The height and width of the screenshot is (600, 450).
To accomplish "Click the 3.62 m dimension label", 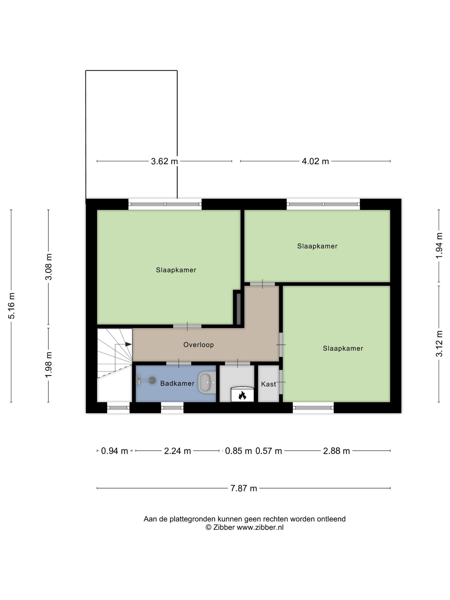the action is pos(164,161).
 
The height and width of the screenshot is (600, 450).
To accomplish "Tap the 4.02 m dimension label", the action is pos(315,161).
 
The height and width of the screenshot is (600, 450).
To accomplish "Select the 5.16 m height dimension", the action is pos(12,306).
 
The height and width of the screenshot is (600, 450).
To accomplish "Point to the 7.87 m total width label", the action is pos(243,488).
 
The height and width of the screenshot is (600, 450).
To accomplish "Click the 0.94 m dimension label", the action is pos(115,451).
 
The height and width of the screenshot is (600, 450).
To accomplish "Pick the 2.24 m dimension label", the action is pos(178,451).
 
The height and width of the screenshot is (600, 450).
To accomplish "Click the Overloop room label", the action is pos(199,345).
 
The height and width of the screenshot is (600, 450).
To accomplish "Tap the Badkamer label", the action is pos(177,383).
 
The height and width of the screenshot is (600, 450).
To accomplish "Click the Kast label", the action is pos(269,384).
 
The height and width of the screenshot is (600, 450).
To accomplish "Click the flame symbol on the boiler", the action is pos(242,396).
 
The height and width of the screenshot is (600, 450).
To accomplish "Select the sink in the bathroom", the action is pos(207,382).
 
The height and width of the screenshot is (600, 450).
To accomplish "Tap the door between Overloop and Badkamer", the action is pos(179,364).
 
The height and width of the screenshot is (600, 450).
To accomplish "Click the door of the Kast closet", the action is pos(281,382).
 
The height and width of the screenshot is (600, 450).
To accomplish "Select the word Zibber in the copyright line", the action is pos(224,527).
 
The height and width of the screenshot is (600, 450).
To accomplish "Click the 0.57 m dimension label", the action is pos(269,451).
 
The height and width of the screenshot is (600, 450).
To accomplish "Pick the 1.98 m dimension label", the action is pos(49,365).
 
